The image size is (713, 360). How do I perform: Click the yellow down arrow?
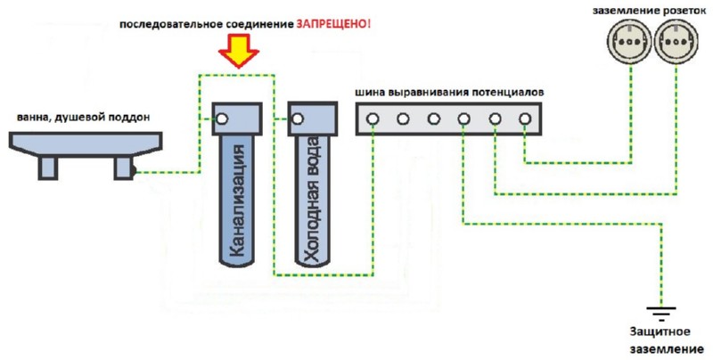[x=235, y=50]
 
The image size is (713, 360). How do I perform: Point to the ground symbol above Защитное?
[x=660, y=314]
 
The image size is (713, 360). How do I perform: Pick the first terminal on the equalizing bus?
[x=374, y=118]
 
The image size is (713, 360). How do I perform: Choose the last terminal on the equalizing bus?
[x=526, y=118]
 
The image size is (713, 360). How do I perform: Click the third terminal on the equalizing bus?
[x=434, y=118]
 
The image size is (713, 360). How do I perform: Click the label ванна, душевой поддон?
[x=83, y=117]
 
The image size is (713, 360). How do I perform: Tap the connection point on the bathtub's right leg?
[x=133, y=169]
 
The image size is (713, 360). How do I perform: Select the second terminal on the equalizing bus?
[x=404, y=118]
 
